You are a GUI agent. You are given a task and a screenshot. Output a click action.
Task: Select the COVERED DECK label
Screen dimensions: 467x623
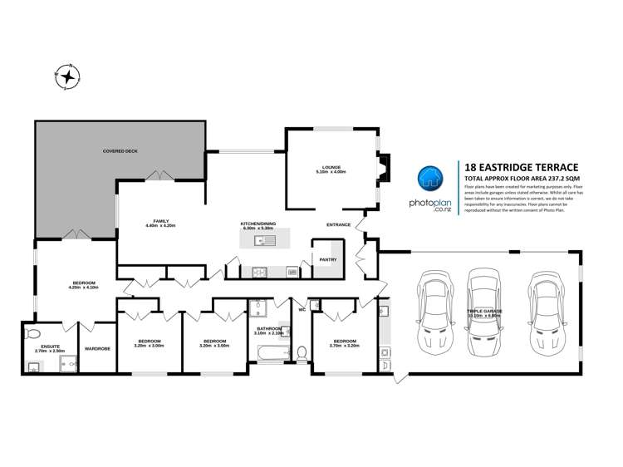[119, 151]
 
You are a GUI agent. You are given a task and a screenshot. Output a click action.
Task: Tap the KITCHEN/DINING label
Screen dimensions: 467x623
[258, 224]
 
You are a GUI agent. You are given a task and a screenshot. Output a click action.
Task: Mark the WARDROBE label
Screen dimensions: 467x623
[97, 348]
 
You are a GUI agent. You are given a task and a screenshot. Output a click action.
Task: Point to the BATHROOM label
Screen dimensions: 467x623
[271, 328]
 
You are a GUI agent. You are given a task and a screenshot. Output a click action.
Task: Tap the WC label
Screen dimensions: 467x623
[303, 310]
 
